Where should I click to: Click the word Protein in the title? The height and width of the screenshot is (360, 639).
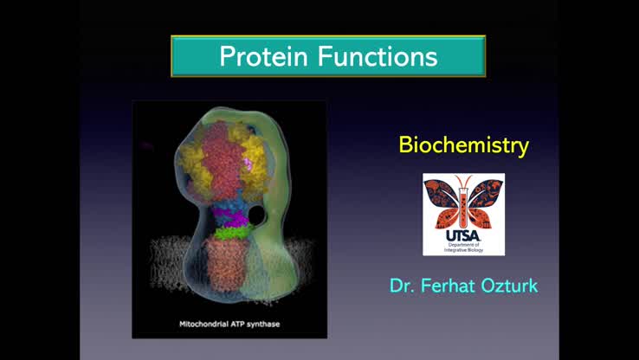click(265, 57)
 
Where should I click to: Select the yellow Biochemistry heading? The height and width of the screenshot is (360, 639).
click(463, 145)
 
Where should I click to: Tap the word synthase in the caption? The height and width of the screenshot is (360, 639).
click(269, 325)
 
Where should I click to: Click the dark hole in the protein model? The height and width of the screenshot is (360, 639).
click(257, 213)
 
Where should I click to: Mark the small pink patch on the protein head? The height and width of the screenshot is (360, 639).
click(252, 163)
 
